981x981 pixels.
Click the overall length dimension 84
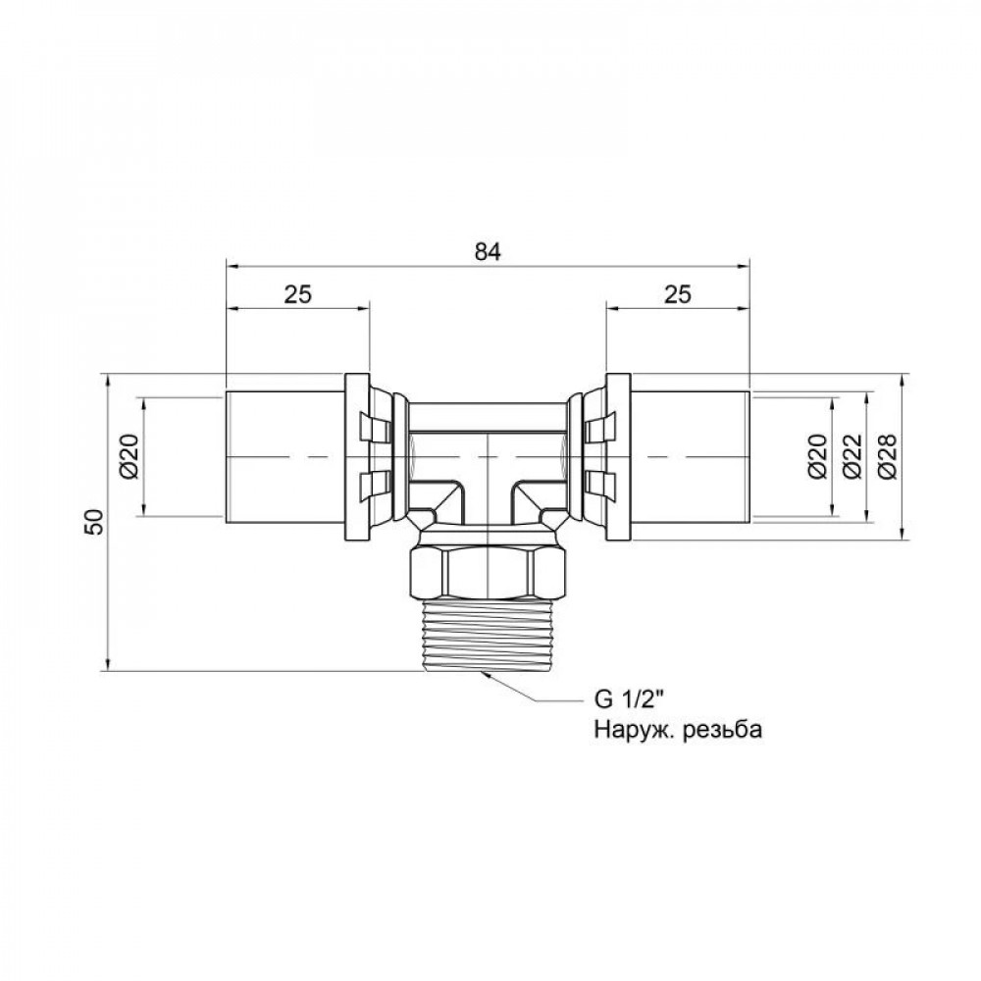(x=489, y=251)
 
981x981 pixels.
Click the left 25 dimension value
(x=299, y=293)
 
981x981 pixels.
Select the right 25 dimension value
(x=677, y=293)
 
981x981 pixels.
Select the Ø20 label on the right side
(x=820, y=457)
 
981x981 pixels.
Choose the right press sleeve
(x=690, y=457)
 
